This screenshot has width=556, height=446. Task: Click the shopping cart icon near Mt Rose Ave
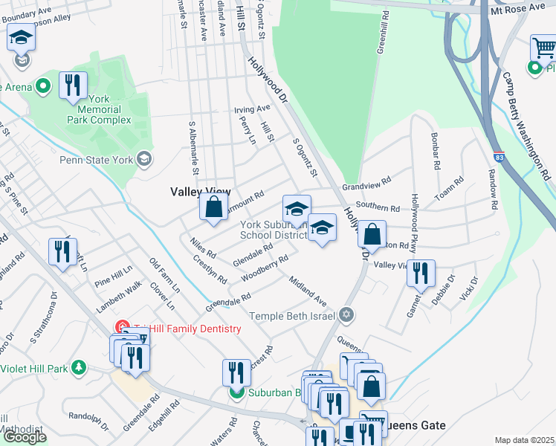544,48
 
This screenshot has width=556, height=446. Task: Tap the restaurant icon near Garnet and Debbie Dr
421,273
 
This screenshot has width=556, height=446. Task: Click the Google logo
25,437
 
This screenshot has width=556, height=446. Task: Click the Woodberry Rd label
264,270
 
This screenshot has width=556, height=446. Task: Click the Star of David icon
345,316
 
